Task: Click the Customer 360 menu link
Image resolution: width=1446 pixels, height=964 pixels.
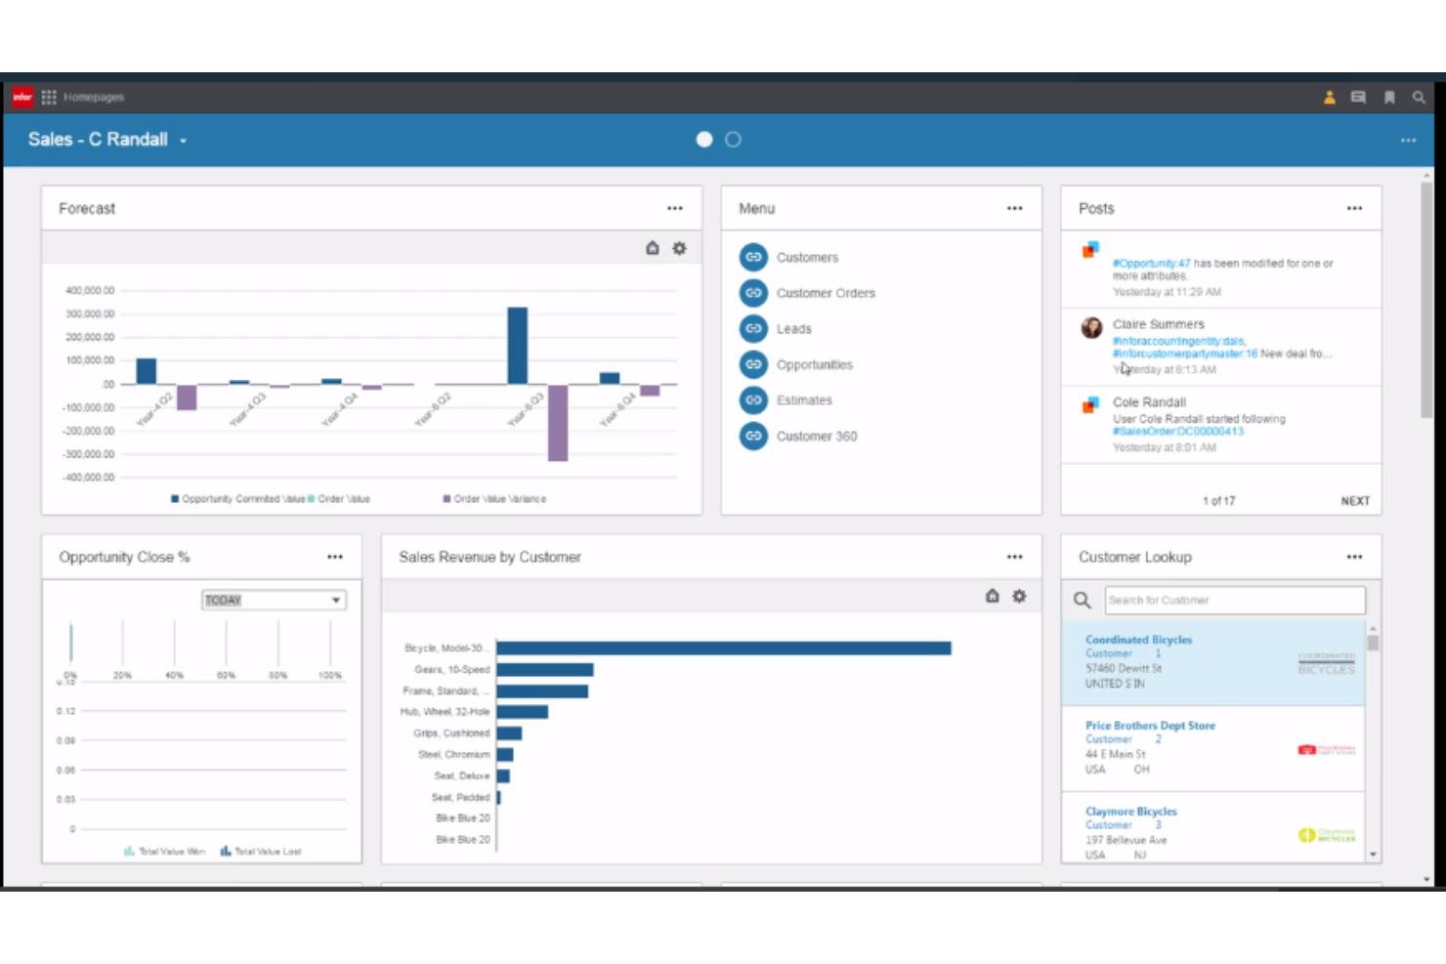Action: tap(816, 437)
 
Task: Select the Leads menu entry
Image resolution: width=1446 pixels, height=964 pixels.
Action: tap(793, 329)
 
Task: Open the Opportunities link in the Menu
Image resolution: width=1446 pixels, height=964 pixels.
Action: tap(814, 365)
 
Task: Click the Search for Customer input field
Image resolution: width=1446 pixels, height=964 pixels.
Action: tap(1234, 601)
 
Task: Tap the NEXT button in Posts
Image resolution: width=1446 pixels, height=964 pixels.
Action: tap(1355, 501)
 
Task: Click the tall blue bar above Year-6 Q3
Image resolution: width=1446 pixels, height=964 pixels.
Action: tap(518, 346)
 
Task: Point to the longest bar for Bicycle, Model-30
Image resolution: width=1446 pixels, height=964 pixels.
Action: tap(723, 649)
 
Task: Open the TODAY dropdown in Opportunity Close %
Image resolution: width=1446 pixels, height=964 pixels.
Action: tap(274, 601)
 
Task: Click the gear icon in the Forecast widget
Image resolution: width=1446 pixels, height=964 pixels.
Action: tap(679, 249)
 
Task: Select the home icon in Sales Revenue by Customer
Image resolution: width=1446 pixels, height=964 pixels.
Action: tap(992, 597)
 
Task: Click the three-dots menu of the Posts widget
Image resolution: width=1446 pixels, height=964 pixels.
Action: tap(1354, 209)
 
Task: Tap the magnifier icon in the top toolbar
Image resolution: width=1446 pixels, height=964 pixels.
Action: tap(1419, 98)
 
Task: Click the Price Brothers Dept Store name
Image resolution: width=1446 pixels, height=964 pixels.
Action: tap(1150, 726)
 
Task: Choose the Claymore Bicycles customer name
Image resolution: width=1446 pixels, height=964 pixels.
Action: tap(1130, 812)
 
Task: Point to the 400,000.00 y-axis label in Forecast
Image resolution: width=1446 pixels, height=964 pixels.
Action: tap(90, 291)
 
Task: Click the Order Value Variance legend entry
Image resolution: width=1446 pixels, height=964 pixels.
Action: tap(499, 499)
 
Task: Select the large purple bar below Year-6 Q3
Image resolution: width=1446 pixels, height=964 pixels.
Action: tap(558, 423)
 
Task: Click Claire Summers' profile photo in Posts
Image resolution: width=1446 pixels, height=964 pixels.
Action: tap(1091, 328)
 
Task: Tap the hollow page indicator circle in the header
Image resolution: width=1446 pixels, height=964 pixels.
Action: tap(733, 140)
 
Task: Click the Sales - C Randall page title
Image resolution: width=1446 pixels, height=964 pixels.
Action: tap(98, 140)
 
